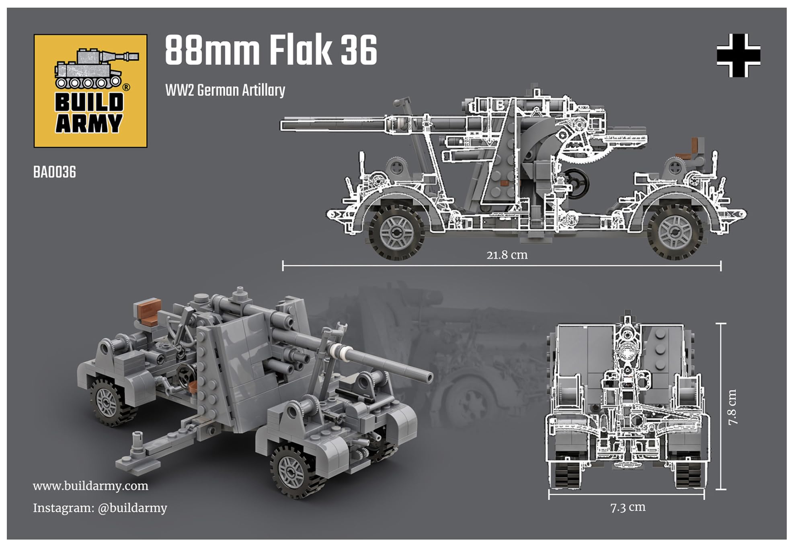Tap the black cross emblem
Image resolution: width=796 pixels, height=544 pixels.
pos(739,55)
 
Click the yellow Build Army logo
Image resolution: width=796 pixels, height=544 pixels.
pos(90,91)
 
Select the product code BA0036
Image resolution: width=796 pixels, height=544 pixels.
pos(55,172)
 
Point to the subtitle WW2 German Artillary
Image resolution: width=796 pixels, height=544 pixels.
pos(225,90)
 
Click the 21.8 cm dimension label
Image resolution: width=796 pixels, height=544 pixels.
pos(507,255)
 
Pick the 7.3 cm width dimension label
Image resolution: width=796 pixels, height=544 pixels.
pos(628,507)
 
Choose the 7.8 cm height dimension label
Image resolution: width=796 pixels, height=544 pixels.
pos(732,407)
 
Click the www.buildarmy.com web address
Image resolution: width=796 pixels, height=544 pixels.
pos(90,486)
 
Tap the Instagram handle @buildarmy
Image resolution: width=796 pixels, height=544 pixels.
pos(132,508)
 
